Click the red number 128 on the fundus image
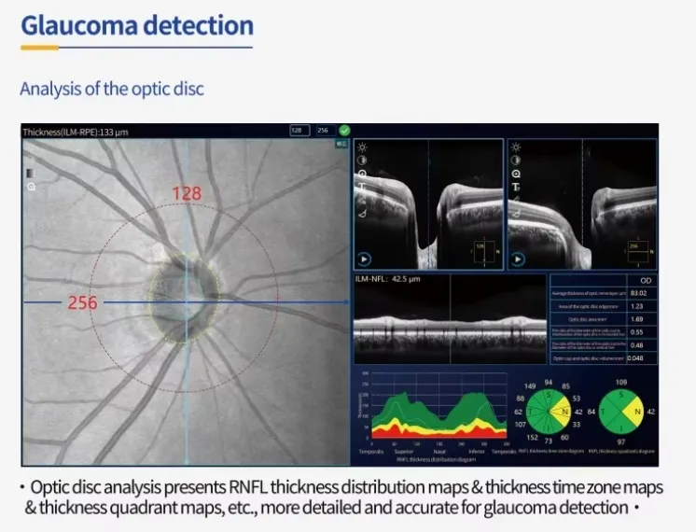[187, 193]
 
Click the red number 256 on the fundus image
[81, 302]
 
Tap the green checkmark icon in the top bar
[345, 131]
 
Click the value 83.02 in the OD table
[638, 293]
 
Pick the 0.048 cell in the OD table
[635, 357]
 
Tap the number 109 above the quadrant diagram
[621, 383]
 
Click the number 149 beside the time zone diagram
[530, 385]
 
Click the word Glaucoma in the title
[78, 24]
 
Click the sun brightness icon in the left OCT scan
[361, 148]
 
